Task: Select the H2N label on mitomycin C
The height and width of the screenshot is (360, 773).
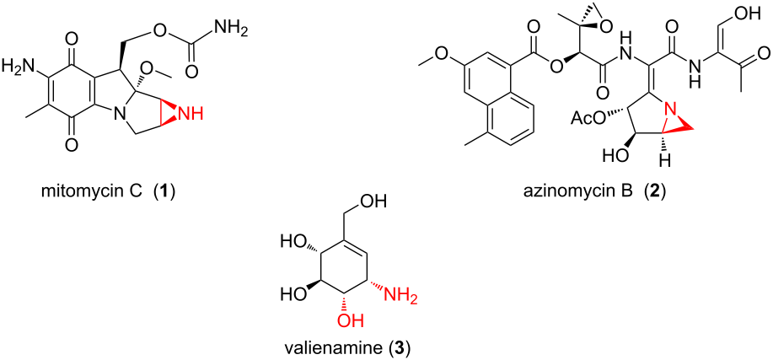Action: (x=19, y=65)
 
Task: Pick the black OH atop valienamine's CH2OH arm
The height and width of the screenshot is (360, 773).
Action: (x=379, y=201)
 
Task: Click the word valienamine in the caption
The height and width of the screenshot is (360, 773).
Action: (x=324, y=349)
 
